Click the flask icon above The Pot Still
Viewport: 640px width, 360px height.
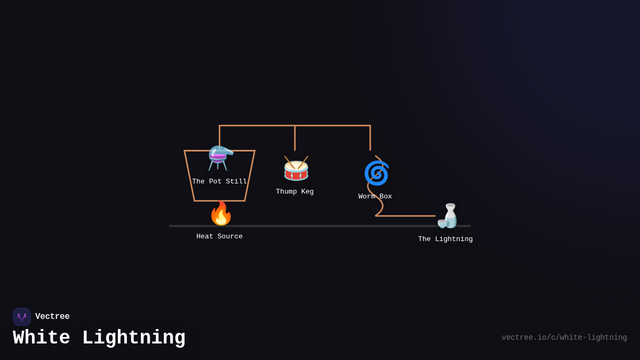tap(220, 158)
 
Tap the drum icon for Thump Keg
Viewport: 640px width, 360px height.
tap(296, 169)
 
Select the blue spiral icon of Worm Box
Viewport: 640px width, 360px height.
tap(376, 173)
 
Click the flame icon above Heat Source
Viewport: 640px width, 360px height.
tap(221, 214)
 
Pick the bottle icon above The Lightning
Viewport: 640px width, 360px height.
tap(449, 216)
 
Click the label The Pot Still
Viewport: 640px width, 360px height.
tap(220, 182)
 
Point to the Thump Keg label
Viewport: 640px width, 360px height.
tap(295, 192)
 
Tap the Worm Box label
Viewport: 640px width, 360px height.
tap(375, 197)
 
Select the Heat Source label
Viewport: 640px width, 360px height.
tap(219, 237)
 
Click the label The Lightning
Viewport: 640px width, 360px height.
tap(445, 239)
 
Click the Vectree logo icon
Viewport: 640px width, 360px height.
tap(22, 317)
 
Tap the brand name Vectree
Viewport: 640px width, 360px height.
tap(52, 317)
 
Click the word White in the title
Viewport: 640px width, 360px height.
tap(42, 338)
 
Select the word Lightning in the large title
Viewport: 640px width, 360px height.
tap(134, 338)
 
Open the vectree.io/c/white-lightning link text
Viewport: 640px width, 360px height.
tap(564, 338)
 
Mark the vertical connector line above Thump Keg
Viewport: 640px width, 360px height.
tap(295, 138)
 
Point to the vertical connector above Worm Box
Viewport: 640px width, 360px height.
tap(370, 138)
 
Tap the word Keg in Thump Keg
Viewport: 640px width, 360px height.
tap(307, 192)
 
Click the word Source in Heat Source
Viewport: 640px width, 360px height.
tap(230, 237)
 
